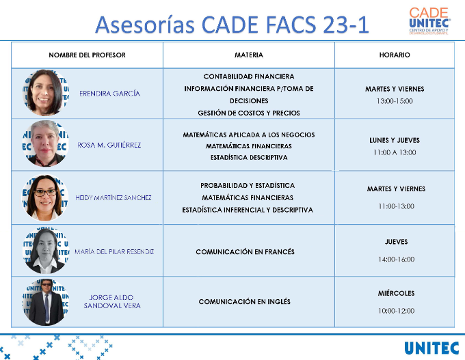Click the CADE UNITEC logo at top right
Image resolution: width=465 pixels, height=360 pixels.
(x=429, y=21)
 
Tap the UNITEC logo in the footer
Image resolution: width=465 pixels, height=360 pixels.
(x=431, y=348)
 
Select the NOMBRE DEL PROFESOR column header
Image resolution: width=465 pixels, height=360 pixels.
(x=88, y=55)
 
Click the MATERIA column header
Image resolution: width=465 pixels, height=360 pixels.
(x=249, y=55)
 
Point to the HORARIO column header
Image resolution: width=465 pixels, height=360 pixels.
(x=395, y=55)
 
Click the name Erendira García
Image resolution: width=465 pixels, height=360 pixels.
(x=109, y=94)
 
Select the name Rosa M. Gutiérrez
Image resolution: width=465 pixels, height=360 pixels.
(x=109, y=145)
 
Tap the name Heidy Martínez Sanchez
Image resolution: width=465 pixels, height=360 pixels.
(x=114, y=197)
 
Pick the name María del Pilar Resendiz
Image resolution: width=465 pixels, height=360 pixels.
(x=114, y=251)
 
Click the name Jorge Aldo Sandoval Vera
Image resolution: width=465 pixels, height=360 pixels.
(x=112, y=302)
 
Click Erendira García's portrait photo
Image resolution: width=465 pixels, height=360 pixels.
(x=46, y=92)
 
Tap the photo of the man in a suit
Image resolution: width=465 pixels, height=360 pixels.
(x=46, y=302)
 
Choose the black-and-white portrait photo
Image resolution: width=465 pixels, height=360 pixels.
(x=46, y=251)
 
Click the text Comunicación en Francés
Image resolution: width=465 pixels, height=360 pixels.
(x=245, y=252)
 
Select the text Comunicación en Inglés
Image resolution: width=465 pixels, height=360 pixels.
(x=245, y=302)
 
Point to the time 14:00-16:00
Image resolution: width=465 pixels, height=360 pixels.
(x=396, y=260)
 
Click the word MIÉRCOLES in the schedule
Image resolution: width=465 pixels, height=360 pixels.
(x=396, y=293)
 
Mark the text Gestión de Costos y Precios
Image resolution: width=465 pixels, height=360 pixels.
(x=249, y=113)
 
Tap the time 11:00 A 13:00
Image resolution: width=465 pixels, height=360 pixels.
(x=395, y=152)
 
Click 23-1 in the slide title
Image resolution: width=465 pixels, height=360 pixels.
(x=346, y=25)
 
